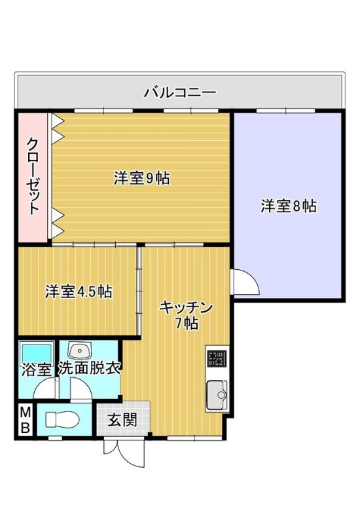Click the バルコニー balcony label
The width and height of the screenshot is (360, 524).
[x=180, y=91]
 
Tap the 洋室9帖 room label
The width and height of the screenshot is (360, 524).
[x=141, y=178]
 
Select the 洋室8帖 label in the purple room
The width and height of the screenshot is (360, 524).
[x=289, y=206]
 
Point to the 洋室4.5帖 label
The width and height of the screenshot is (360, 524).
[x=79, y=291]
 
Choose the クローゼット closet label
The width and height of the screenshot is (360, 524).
[x=32, y=176]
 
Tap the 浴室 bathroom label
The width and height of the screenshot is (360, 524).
[x=37, y=369]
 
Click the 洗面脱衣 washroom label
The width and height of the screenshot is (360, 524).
[x=89, y=368]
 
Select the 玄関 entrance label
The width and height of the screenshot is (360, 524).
[x=122, y=420]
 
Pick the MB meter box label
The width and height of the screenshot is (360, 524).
[x=26, y=419]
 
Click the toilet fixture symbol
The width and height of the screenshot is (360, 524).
[x=62, y=419]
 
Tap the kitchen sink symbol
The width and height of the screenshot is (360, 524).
[x=217, y=395]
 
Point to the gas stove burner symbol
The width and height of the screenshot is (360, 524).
[x=217, y=358]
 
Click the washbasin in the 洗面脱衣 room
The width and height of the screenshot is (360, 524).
[x=79, y=350]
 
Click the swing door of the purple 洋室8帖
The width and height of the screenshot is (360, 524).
[x=246, y=282]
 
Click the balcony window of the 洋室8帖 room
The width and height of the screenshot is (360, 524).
[x=285, y=111]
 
